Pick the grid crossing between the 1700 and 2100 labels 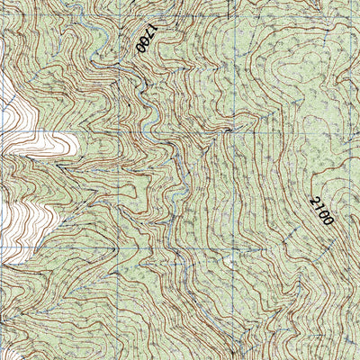235,130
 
